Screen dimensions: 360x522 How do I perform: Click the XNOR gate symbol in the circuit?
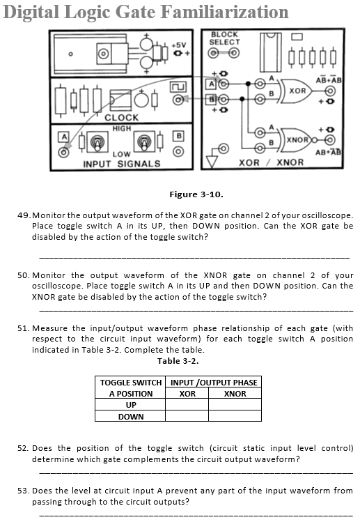298,139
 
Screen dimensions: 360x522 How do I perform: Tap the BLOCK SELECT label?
225,38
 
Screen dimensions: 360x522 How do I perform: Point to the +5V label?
179,45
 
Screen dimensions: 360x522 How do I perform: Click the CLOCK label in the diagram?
121,118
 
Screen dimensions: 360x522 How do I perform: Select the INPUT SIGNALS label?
121,164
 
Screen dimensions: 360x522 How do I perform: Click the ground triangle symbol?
212,162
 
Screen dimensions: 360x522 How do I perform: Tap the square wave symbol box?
178,87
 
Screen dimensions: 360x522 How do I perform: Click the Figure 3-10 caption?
196,194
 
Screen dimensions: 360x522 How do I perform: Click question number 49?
24,215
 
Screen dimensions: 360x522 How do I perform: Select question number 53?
24,491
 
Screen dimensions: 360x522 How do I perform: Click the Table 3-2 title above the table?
178,361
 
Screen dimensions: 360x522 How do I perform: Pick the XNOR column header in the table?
235,394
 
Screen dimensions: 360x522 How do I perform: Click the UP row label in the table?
131,405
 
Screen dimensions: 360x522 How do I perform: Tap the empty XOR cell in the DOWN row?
187,416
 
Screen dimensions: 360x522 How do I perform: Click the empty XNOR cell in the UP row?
235,404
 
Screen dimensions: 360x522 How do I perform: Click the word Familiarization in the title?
225,12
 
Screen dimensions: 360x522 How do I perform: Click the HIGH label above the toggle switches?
122,128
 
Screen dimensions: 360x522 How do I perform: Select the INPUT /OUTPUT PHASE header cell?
214,382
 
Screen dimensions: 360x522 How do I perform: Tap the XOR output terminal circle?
330,91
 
